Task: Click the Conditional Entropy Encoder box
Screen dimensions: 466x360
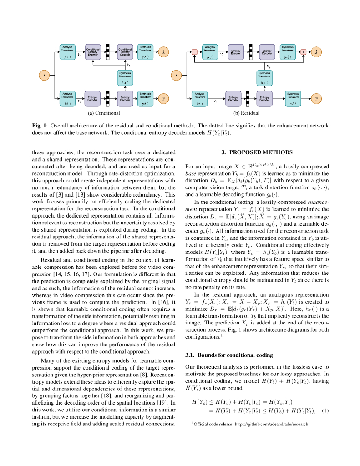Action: click(93, 52)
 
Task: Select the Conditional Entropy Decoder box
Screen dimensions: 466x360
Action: click(125, 52)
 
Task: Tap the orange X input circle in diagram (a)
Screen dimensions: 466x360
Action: click(44, 75)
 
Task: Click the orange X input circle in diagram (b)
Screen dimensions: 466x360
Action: click(176, 75)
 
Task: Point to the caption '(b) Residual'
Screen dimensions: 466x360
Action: click(246, 113)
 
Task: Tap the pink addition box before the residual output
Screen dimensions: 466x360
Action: click(304, 52)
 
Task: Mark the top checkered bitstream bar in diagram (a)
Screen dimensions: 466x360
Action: click(108, 51)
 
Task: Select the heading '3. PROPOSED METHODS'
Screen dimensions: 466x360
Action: click(257, 152)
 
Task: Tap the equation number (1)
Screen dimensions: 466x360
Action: click(325, 410)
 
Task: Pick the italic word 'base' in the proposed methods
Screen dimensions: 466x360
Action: click(191, 173)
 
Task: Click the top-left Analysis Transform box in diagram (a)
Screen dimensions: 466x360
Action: click(67, 52)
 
